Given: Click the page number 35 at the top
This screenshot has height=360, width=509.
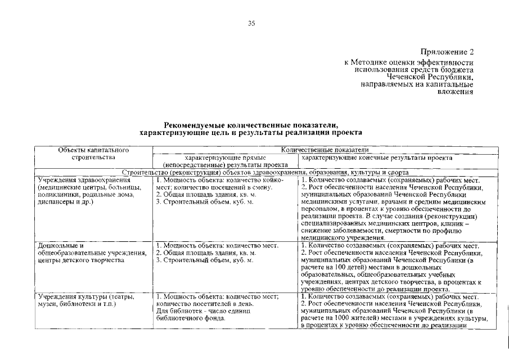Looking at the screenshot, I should tap(251, 23).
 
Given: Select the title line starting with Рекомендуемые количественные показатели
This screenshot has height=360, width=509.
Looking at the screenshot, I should tap(251, 125).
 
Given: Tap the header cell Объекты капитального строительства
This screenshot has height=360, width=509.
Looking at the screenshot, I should tap(94, 154).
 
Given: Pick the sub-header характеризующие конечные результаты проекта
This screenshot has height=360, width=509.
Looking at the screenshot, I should tap(377, 158).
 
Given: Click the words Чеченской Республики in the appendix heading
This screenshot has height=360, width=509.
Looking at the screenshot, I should tap(430, 76).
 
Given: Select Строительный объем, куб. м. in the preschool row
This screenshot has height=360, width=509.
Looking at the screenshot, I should tap(205, 260).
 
